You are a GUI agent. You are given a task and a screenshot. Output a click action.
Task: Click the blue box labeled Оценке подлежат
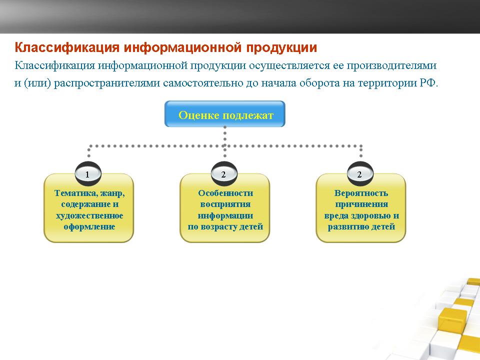pyautogui.click(x=225, y=114)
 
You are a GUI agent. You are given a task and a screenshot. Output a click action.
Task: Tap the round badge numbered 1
pyautogui.click(x=88, y=173)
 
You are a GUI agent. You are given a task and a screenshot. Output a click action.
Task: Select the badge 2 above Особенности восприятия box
pyautogui.click(x=224, y=173)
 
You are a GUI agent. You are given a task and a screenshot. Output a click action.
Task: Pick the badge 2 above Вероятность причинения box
pyautogui.click(x=360, y=173)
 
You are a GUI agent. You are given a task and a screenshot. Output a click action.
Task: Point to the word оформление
pyautogui.click(x=89, y=227)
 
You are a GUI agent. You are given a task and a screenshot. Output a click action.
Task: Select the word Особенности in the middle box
pyautogui.click(x=225, y=193)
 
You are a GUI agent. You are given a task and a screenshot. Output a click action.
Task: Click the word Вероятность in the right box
pyautogui.click(x=361, y=193)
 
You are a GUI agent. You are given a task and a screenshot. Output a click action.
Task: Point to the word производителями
pyautogui.click(x=391, y=65)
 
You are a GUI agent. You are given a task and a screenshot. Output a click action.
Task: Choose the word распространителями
pyautogui.click(x=107, y=83)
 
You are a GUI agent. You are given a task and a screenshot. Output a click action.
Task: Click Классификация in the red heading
pyautogui.click(x=67, y=48)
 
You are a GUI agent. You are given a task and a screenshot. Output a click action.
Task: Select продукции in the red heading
pyautogui.click(x=281, y=48)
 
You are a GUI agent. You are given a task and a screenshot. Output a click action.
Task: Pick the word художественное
pyautogui.click(x=89, y=216)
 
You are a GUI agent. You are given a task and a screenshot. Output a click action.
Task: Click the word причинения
pyautogui.click(x=361, y=204)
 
